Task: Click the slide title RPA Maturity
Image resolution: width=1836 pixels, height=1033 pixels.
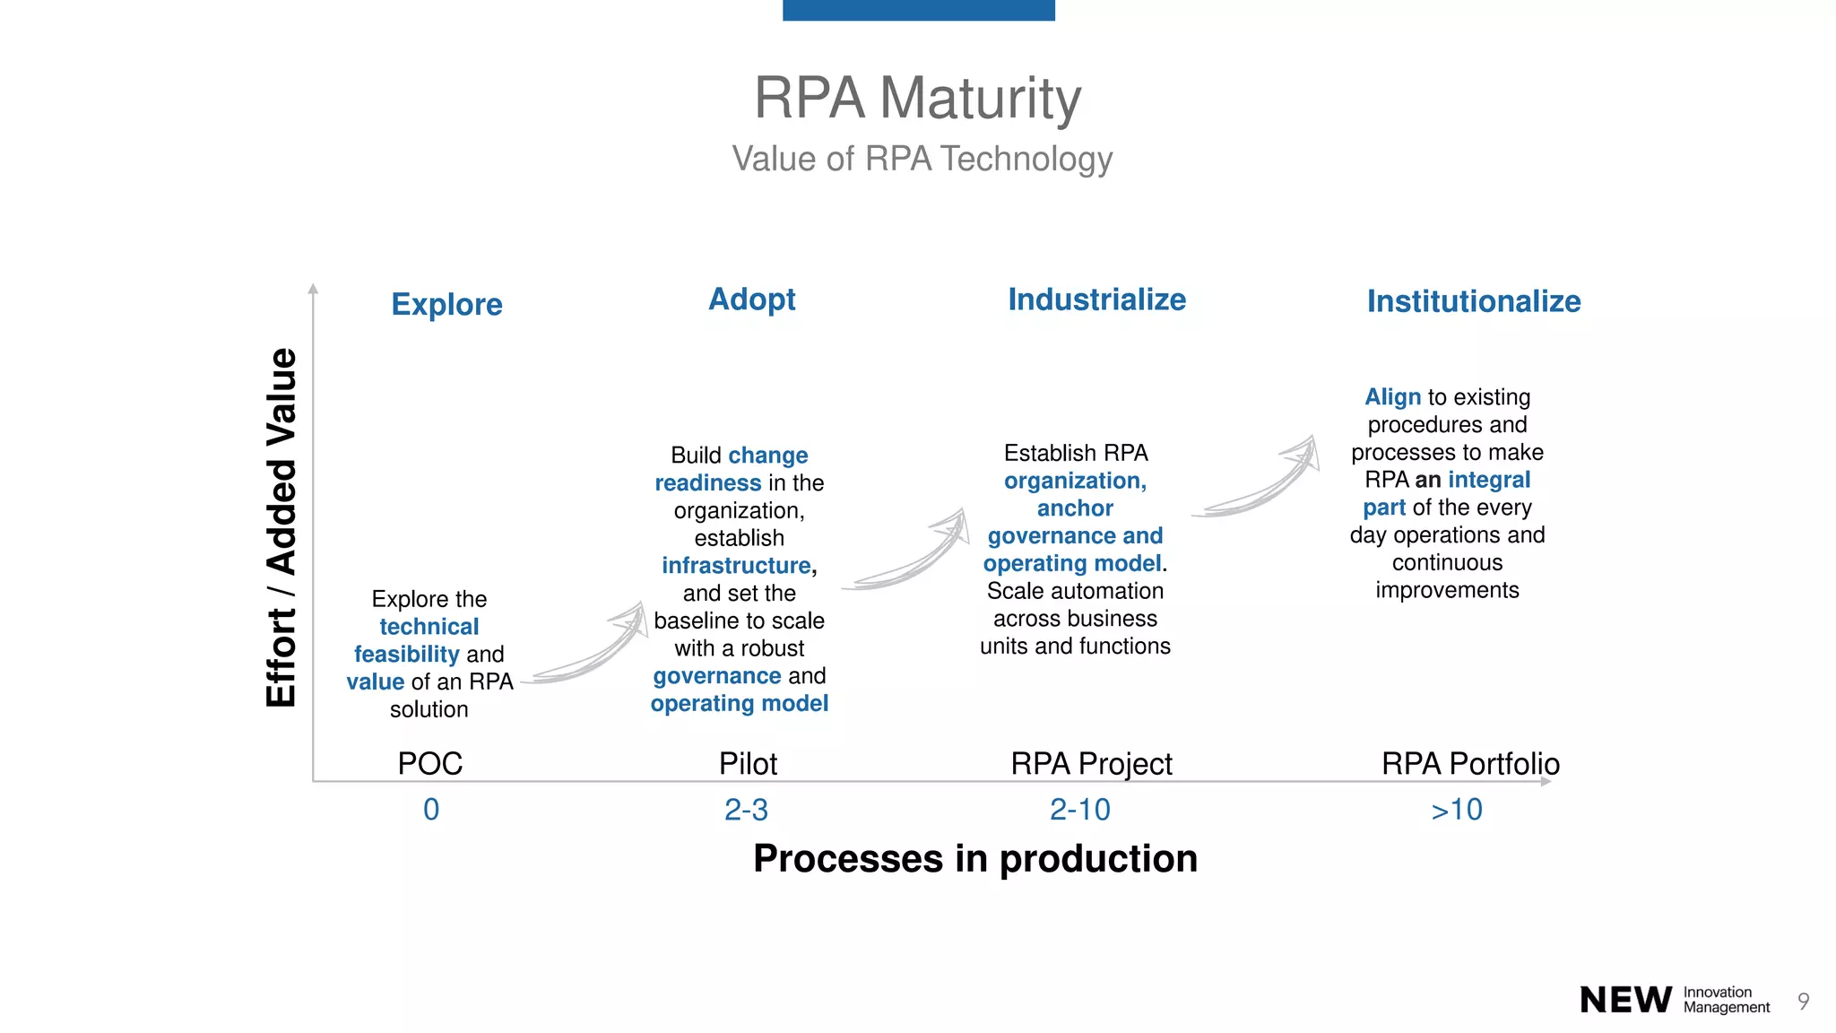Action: pyautogui.click(x=917, y=98)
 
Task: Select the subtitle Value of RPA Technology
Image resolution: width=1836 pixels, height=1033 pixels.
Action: pyautogui.click(x=922, y=159)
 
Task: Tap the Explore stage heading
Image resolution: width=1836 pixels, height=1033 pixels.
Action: pyautogui.click(x=446, y=304)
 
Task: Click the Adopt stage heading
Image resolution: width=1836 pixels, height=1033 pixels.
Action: pyautogui.click(x=751, y=299)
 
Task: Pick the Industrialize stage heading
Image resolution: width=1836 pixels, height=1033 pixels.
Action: pyautogui.click(x=1096, y=299)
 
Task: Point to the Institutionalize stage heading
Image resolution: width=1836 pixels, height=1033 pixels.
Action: pyautogui.click(x=1473, y=301)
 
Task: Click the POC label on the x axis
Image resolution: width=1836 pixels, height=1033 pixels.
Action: pyautogui.click(x=430, y=763)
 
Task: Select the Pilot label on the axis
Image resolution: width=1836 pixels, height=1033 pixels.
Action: pyautogui.click(x=748, y=763)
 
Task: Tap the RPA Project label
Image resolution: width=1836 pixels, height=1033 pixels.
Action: pyautogui.click(x=1091, y=763)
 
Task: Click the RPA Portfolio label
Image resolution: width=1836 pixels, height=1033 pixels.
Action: pyautogui.click(x=1470, y=763)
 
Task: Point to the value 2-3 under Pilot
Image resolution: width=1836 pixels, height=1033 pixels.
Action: pyautogui.click(x=746, y=810)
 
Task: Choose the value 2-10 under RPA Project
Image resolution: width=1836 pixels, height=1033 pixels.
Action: pyautogui.click(x=1079, y=810)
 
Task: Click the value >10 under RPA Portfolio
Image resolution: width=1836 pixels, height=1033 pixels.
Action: pyautogui.click(x=1457, y=810)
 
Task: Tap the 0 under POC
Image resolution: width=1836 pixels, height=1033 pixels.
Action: pyautogui.click(x=431, y=810)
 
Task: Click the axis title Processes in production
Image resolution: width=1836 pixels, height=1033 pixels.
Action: pyautogui.click(x=974, y=858)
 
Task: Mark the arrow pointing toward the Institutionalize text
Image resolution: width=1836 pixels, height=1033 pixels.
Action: pyautogui.click(x=1260, y=480)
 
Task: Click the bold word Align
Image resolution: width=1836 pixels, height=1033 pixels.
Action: pyautogui.click(x=1392, y=396)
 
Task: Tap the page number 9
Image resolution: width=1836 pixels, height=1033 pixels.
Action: pyautogui.click(x=1803, y=1001)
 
